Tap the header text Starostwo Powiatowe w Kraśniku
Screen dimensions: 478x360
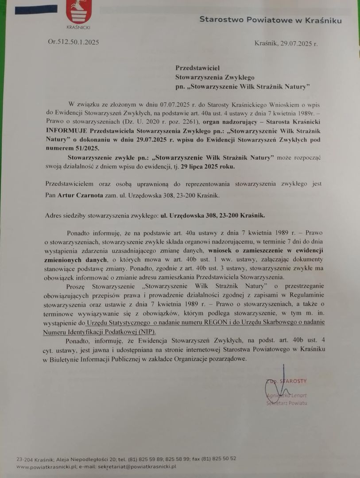270,19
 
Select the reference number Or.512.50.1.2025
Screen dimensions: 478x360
73,42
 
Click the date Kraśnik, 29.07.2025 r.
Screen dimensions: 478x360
286,43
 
